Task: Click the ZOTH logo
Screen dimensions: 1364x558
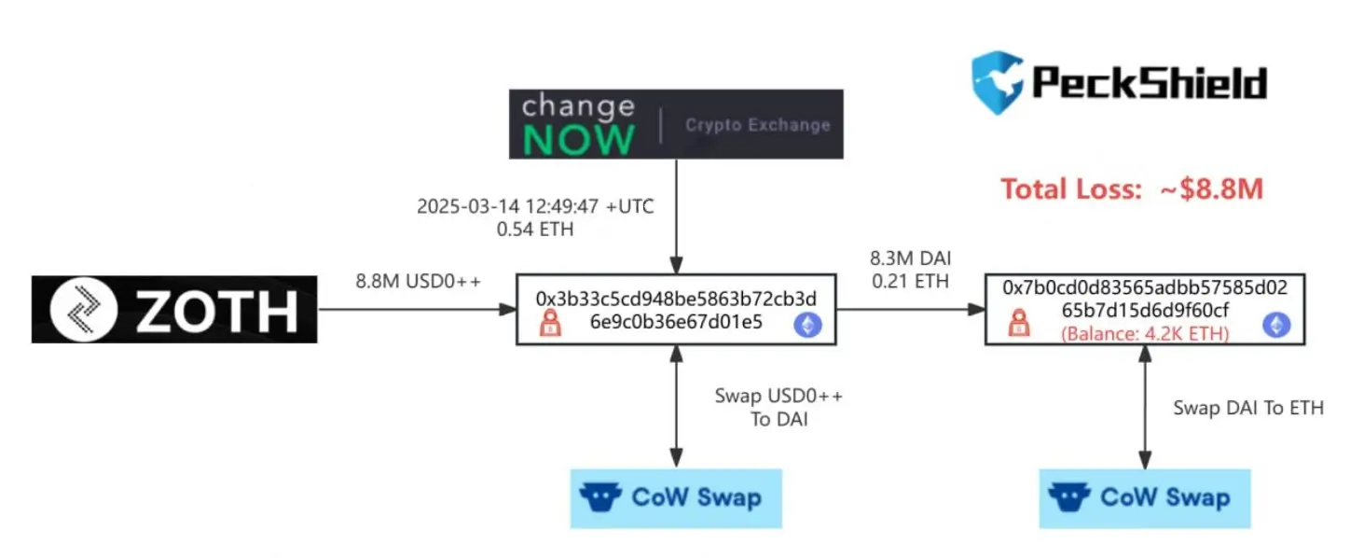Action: [x=174, y=310]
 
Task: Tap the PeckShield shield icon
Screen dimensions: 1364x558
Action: [x=997, y=82]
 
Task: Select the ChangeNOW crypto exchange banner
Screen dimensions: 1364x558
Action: [x=676, y=124]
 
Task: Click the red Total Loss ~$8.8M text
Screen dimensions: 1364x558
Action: [x=1132, y=188]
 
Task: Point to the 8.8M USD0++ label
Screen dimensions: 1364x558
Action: [x=419, y=281]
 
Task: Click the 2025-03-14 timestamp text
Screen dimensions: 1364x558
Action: [x=535, y=206]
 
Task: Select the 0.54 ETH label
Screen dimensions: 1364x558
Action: [x=535, y=230]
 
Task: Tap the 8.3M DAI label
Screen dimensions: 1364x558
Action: [x=910, y=258]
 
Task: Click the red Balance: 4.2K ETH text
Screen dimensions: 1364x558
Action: [x=1145, y=334]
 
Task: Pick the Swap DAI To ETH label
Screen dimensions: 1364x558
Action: [x=1248, y=408]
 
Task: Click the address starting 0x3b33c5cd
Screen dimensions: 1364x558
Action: [x=676, y=310]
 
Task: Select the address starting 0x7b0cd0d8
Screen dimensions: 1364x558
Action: [x=1145, y=299]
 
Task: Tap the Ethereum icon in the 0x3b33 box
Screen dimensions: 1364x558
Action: [x=808, y=325]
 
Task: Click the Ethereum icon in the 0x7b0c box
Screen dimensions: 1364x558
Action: [x=1276, y=325]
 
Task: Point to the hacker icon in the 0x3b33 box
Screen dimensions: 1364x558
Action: [x=550, y=323]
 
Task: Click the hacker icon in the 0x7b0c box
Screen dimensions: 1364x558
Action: [x=1019, y=323]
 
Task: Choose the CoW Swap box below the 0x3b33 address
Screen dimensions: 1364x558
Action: [x=676, y=498]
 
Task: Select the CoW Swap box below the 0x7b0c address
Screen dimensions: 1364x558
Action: [x=1145, y=498]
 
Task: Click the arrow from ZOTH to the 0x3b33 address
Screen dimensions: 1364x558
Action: [x=417, y=310]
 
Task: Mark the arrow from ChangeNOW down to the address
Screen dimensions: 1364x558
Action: [x=676, y=216]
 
